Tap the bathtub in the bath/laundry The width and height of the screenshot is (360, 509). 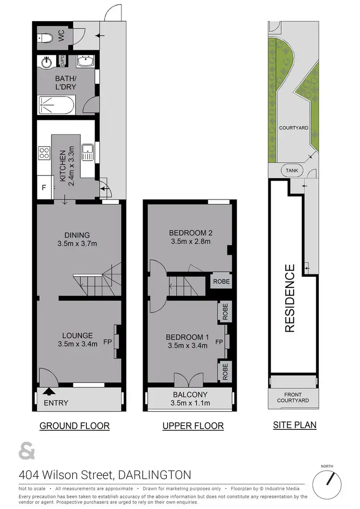tap(56, 105)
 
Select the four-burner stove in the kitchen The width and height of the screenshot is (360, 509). tap(44, 153)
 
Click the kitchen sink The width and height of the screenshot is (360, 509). tap(87, 152)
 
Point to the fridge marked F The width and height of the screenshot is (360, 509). tap(44, 188)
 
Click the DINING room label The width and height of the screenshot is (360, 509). tap(77, 235)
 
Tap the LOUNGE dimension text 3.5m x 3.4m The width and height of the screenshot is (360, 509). tap(77, 343)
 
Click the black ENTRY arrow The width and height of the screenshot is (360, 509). tap(50, 391)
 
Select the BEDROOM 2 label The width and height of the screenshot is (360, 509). tap(191, 233)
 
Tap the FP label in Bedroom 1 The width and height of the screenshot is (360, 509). tap(219, 342)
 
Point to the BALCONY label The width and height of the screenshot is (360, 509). tap(191, 395)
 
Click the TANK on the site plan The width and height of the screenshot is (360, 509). tap(291, 171)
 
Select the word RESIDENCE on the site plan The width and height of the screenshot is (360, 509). tap(289, 298)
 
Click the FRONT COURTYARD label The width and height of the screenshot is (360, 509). tap(293, 397)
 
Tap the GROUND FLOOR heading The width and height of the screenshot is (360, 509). tap(74, 426)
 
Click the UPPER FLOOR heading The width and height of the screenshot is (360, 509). tap(192, 426)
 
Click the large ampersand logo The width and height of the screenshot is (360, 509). tap(27, 452)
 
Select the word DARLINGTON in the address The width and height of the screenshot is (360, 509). tap(155, 475)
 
